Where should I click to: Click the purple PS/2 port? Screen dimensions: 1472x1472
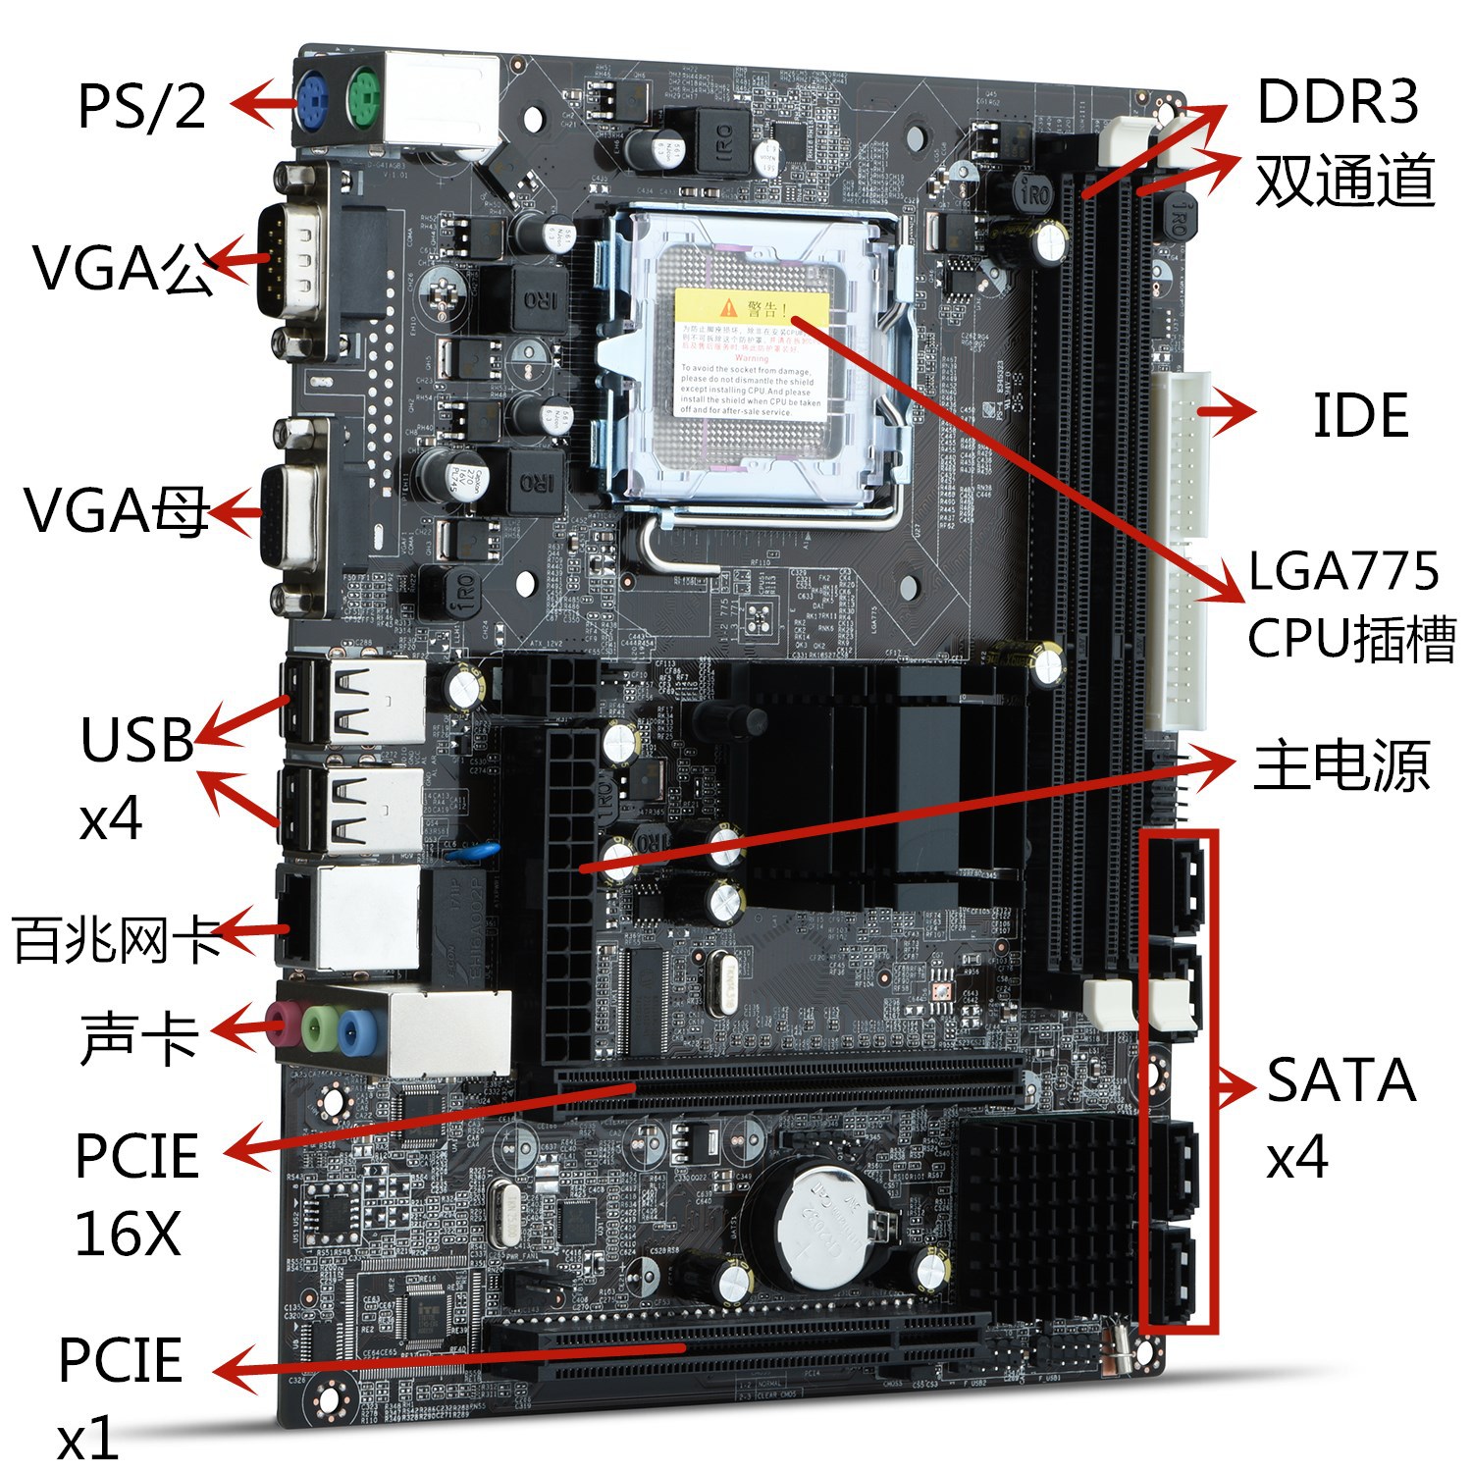pos(312,99)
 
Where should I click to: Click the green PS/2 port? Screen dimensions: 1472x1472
pos(361,99)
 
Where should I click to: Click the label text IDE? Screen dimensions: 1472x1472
pos(1360,415)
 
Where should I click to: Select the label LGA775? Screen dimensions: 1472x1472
pos(1343,571)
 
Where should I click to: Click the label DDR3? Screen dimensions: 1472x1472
pos(1338,101)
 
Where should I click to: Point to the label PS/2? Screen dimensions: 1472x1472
pos(142,105)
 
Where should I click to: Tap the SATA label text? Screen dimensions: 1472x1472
pos(1341,1080)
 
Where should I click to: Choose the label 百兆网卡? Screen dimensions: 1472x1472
pos(117,939)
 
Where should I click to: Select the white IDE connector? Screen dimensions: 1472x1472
pos(1186,550)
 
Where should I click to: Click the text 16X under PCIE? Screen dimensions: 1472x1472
pos(128,1234)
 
